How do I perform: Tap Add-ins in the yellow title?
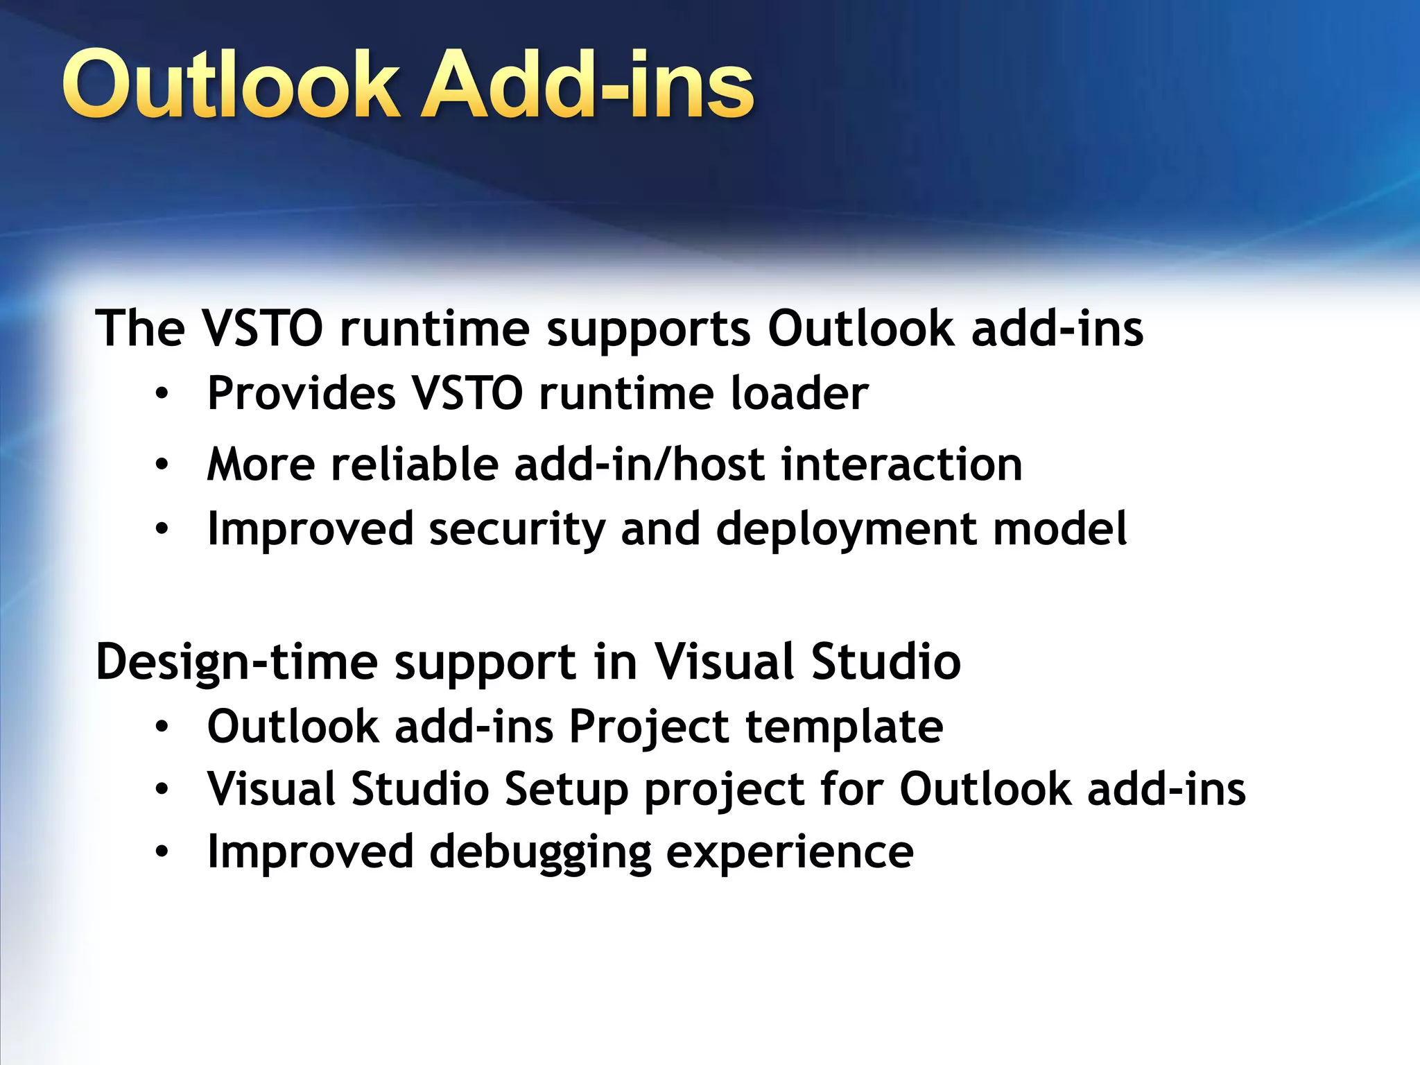pyautogui.click(x=587, y=85)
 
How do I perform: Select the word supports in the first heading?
pyautogui.click(x=648, y=329)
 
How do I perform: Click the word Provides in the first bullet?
pyautogui.click(x=302, y=393)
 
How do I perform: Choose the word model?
pyautogui.click(x=1059, y=528)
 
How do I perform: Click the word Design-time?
pyautogui.click(x=236, y=662)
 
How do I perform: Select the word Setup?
pyautogui.click(x=566, y=790)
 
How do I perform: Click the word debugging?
pyautogui.click(x=540, y=853)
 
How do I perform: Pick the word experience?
pyautogui.click(x=790, y=853)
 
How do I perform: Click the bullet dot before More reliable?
pyautogui.click(x=162, y=464)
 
